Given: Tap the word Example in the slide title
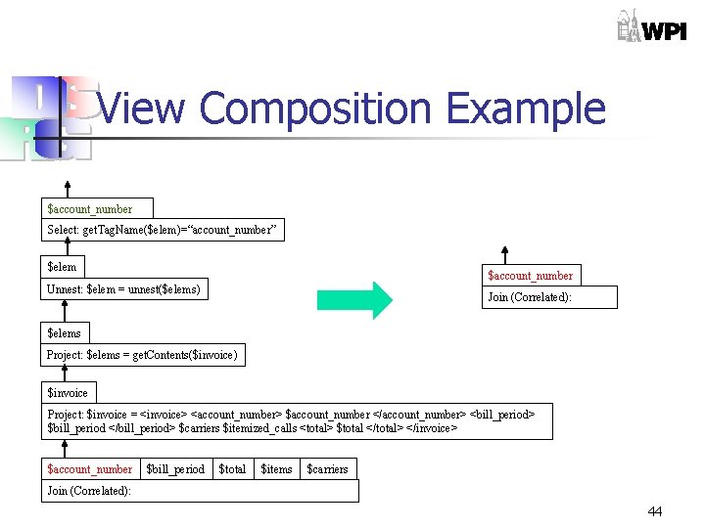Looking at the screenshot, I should (x=525, y=109).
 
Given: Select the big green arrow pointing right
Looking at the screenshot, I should (x=353, y=299).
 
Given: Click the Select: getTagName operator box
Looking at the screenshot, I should (x=163, y=230).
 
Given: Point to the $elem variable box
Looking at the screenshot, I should (x=63, y=266).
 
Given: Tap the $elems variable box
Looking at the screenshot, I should (x=65, y=332).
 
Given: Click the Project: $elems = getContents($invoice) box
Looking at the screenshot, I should (x=143, y=355).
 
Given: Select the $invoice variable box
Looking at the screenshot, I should (x=68, y=392).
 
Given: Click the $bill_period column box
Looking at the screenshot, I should (x=175, y=469).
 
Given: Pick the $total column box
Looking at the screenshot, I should (x=232, y=469).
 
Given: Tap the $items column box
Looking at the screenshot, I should (x=276, y=469).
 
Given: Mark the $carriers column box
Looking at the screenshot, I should (x=327, y=469).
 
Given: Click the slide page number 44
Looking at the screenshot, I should (x=654, y=511).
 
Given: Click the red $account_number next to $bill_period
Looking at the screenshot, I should (x=90, y=469).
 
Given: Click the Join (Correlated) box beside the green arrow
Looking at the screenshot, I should (x=550, y=297).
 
